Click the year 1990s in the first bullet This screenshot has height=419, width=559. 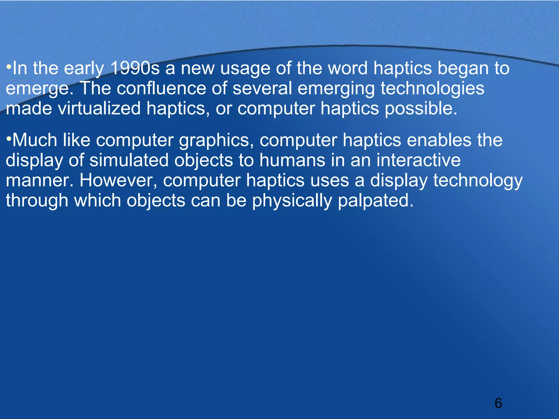(x=135, y=68)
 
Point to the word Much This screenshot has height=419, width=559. (x=35, y=140)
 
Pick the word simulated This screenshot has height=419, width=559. (x=129, y=160)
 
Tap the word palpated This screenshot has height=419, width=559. (x=376, y=201)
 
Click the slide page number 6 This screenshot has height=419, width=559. (x=498, y=403)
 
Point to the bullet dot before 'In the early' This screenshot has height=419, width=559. (x=9, y=67)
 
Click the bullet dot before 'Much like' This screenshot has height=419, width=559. (x=9, y=139)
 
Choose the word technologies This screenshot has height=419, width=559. (x=432, y=89)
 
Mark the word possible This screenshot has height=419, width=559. (x=421, y=109)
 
